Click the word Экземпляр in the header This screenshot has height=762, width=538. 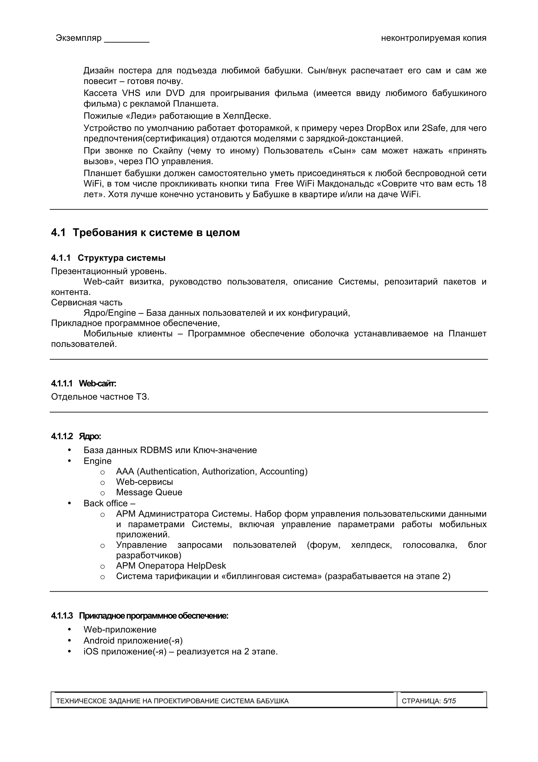coord(79,38)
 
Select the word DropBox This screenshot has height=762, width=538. coord(383,128)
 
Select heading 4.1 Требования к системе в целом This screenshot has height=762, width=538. coord(145,232)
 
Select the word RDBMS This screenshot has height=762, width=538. coord(156,450)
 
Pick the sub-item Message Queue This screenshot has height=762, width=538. coord(149,492)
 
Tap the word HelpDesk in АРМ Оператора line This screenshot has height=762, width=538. coord(206,566)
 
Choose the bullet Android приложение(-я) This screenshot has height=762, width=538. coord(133,640)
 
